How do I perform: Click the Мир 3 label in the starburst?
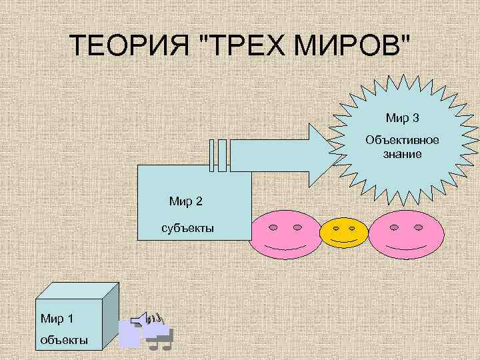click(x=402, y=119)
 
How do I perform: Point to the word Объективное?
click(x=402, y=141)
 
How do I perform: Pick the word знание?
click(x=402, y=154)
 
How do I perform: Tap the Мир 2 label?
click(x=186, y=201)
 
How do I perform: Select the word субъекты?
click(x=187, y=229)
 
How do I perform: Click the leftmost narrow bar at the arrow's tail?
click(x=213, y=156)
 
